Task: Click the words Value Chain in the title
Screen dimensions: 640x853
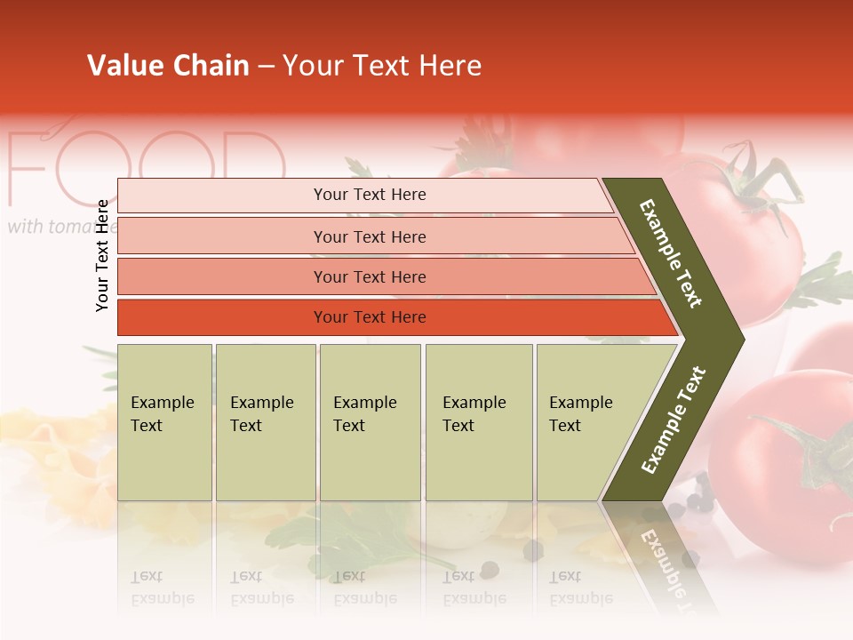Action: [168, 66]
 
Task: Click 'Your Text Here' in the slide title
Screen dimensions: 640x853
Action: [382, 66]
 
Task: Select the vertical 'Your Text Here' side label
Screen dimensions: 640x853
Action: [102, 255]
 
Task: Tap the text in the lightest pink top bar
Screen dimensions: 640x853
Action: [370, 195]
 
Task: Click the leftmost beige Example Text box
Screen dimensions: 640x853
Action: [164, 422]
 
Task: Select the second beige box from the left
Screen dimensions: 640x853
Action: [265, 422]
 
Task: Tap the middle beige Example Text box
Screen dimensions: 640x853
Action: [370, 422]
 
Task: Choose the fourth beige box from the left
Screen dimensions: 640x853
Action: [478, 422]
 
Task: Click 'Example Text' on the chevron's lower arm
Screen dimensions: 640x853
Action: [673, 420]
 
